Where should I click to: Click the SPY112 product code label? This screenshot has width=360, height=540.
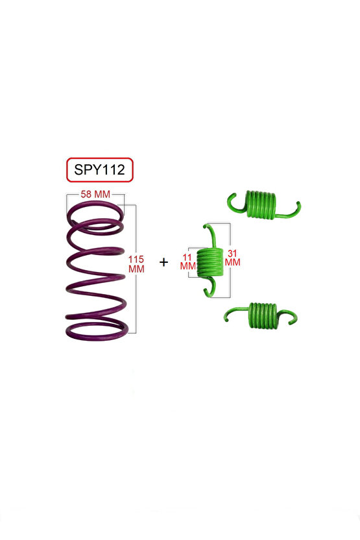(x=99, y=170)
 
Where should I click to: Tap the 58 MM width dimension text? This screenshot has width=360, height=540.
(x=95, y=194)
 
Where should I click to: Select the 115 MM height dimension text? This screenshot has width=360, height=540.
(x=136, y=264)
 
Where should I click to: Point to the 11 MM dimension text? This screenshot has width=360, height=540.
(x=187, y=262)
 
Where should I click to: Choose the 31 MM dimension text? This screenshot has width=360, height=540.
(x=233, y=258)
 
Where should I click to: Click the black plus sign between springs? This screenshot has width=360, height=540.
(x=164, y=262)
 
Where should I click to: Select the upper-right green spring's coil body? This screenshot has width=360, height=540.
(x=261, y=204)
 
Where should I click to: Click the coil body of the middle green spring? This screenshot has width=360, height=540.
(x=210, y=262)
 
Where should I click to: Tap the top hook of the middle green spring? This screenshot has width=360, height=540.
(x=211, y=234)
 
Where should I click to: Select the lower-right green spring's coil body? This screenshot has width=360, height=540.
(x=262, y=315)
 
